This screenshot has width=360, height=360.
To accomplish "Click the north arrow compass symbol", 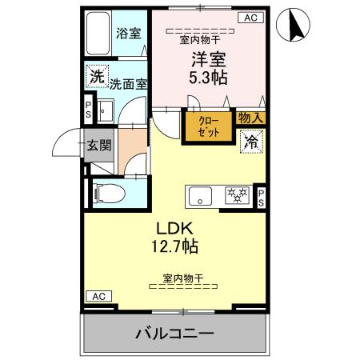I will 293,27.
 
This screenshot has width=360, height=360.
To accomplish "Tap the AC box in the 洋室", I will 248,18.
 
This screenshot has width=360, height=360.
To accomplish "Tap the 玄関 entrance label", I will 100,146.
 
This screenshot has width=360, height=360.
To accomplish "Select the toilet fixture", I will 106,192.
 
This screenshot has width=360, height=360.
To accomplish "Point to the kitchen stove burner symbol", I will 237,194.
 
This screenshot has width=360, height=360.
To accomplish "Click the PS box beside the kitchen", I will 262,196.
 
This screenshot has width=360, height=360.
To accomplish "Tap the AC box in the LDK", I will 98,296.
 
